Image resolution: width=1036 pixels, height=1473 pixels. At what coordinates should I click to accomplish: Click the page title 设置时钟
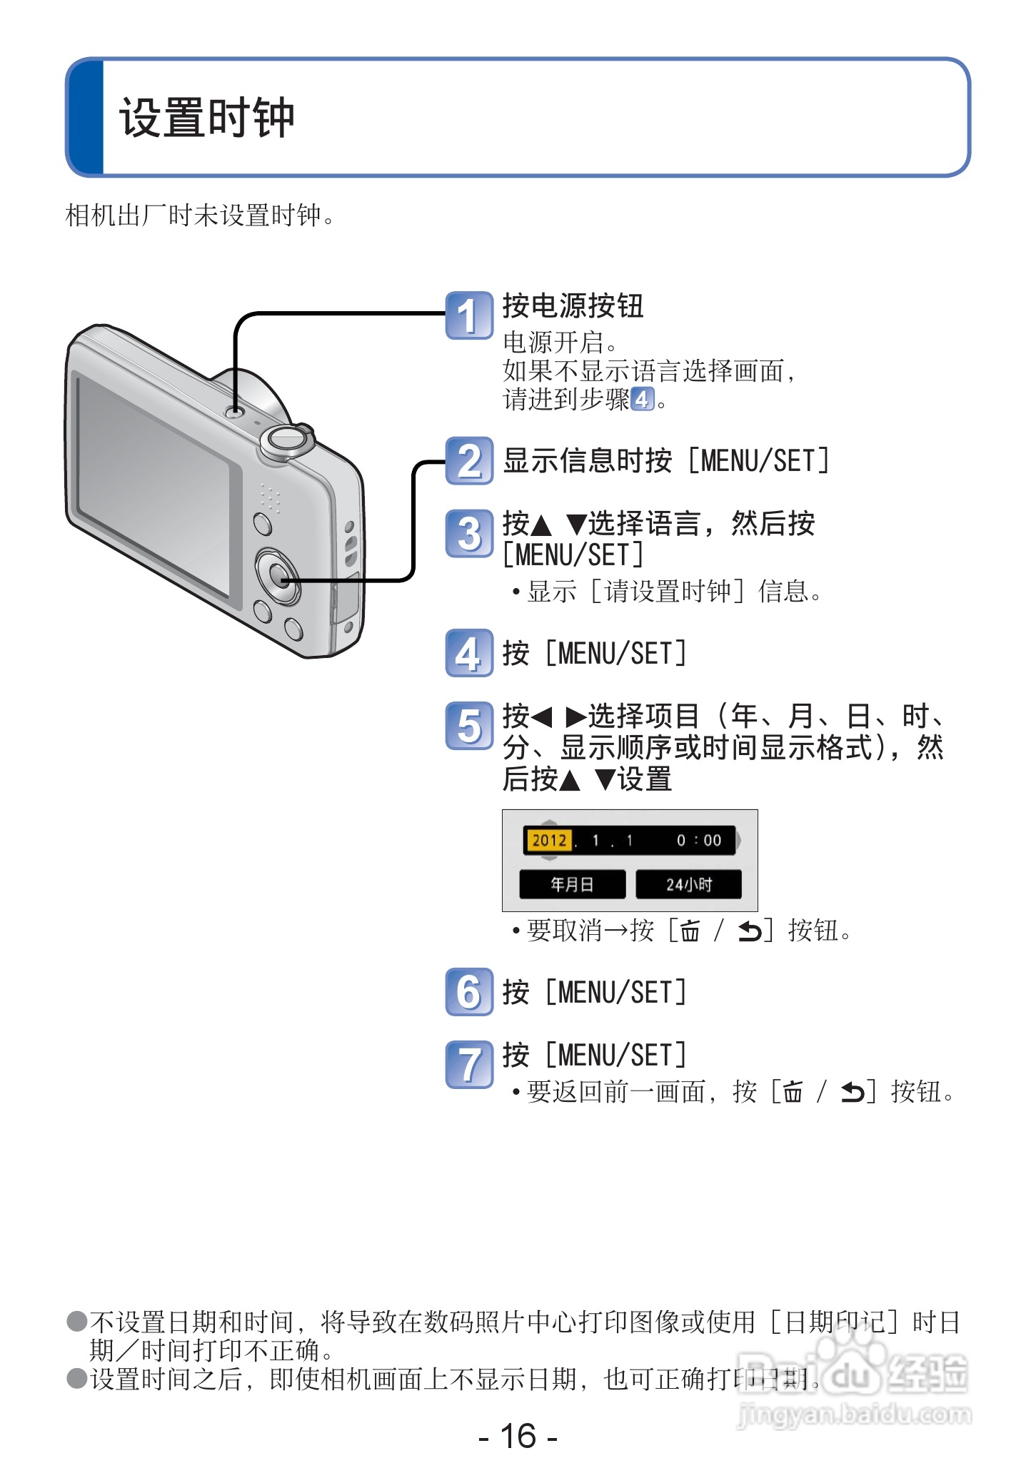(x=207, y=118)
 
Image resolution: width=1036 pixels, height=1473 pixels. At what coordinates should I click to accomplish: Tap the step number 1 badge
(x=468, y=315)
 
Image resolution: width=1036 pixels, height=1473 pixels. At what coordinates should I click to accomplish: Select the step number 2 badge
(x=468, y=461)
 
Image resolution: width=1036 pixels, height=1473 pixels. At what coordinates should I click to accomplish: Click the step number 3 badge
(x=468, y=533)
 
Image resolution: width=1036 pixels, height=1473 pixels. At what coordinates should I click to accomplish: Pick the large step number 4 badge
(x=468, y=653)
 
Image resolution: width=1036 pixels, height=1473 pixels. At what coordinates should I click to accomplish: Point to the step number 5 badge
(x=468, y=726)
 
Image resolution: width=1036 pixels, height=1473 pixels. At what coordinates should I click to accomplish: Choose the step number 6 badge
(x=468, y=992)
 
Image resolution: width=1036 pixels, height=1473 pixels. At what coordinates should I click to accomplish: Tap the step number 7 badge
(x=468, y=1064)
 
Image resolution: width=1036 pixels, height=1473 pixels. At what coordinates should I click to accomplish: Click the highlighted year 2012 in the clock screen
(x=548, y=840)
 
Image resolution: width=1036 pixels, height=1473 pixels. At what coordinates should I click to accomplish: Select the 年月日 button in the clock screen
(x=572, y=885)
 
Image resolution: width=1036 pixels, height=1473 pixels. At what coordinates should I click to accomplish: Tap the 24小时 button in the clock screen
(x=688, y=885)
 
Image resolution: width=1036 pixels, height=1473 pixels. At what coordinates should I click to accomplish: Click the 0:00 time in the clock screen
(x=699, y=841)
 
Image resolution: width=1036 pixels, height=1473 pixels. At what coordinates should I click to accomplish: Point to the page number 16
(x=518, y=1436)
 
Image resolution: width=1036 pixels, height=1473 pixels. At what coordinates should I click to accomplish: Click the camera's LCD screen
(x=154, y=485)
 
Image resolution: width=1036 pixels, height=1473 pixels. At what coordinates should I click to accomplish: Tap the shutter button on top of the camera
(x=287, y=438)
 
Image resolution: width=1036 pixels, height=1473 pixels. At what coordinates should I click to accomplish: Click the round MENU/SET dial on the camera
(x=278, y=574)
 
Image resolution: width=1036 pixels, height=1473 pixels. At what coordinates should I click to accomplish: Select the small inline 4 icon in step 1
(x=642, y=399)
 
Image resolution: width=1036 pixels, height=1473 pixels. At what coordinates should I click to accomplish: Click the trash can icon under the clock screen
(x=690, y=931)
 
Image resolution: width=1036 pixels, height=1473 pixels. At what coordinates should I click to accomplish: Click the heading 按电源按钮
(x=573, y=306)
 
